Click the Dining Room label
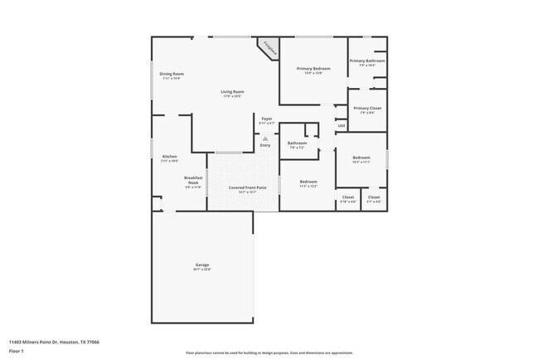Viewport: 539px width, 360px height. pyautogui.click(x=172, y=74)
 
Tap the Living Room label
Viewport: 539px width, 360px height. pyautogui.click(x=232, y=91)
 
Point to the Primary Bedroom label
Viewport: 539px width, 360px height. pyautogui.click(x=313, y=68)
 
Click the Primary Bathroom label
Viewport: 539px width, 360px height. pyautogui.click(x=367, y=61)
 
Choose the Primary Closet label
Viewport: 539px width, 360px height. pyautogui.click(x=367, y=108)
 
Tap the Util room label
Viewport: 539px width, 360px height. pyautogui.click(x=341, y=126)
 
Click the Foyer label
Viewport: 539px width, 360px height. pyautogui.click(x=267, y=119)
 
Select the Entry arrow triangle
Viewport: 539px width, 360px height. pyautogui.click(x=265, y=139)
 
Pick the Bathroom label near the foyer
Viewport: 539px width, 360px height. pyautogui.click(x=297, y=143)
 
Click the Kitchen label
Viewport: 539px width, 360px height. pyautogui.click(x=169, y=157)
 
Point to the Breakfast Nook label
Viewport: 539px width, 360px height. pyautogui.click(x=193, y=179)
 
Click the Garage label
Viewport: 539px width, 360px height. pyautogui.click(x=202, y=265)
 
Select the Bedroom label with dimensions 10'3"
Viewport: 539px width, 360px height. pyautogui.click(x=361, y=158)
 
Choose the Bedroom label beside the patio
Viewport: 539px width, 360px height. pyautogui.click(x=308, y=182)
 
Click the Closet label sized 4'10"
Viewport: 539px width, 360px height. pyautogui.click(x=348, y=197)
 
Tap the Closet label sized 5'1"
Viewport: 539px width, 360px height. pyautogui.click(x=374, y=197)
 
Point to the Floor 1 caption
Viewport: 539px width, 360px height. pyautogui.click(x=16, y=351)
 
